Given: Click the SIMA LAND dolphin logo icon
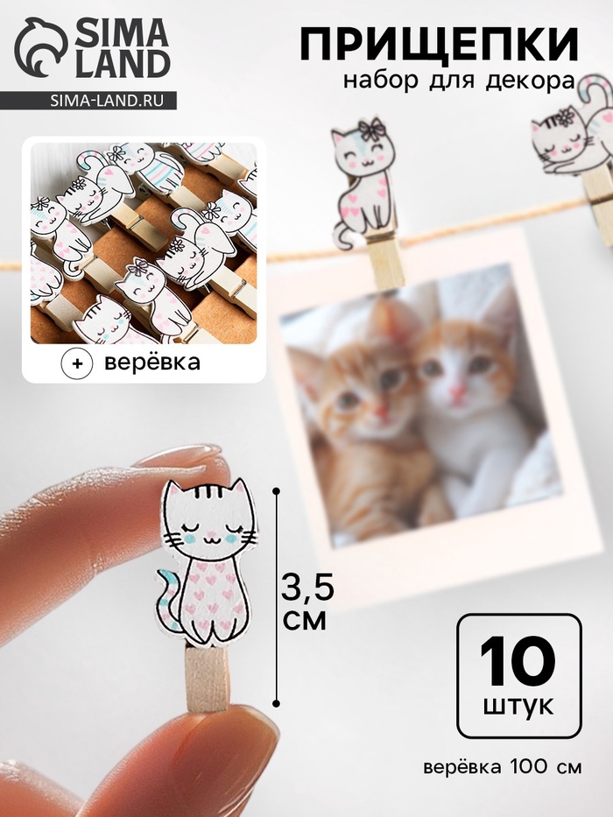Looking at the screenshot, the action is [40, 48].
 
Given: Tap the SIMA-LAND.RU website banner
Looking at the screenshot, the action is [88, 100].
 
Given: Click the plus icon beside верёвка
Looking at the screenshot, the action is [77, 363].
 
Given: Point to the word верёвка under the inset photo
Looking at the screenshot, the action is [152, 363].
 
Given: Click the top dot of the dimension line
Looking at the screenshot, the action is [276, 491].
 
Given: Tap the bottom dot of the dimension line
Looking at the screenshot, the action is [276, 703].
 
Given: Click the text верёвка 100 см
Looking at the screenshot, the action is [503, 767].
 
